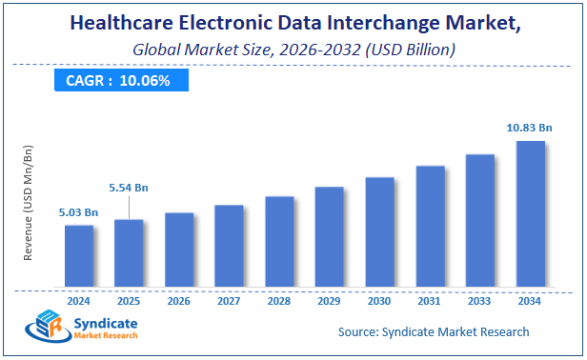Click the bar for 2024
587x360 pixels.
tap(79, 255)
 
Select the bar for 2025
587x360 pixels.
tap(129, 252)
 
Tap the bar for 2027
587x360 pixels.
tap(229, 245)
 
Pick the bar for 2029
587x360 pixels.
tap(329, 236)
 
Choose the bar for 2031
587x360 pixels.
tap(430, 226)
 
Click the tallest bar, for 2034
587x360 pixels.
tap(530, 213)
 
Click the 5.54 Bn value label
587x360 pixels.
tap(128, 190)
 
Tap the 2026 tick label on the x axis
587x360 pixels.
tap(178, 300)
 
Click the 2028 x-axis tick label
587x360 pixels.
tap(279, 300)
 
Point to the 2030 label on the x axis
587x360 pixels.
tap(379, 300)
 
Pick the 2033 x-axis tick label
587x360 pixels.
tap(480, 300)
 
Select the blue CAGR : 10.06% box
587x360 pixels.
tap(118, 81)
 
